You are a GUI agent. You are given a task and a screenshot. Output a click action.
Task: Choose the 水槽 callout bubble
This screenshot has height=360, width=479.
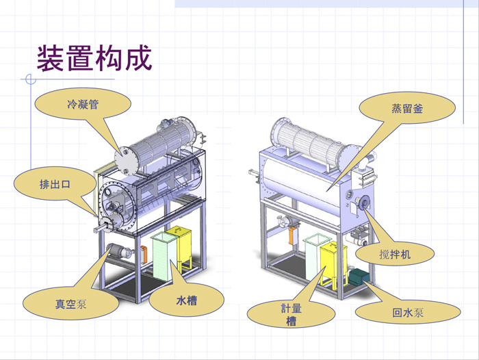pyautogui.click(x=186, y=299)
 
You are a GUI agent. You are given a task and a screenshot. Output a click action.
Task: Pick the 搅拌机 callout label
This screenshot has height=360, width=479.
pyautogui.click(x=395, y=254)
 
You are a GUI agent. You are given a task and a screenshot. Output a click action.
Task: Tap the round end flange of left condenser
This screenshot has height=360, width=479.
pyautogui.click(x=126, y=159)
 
